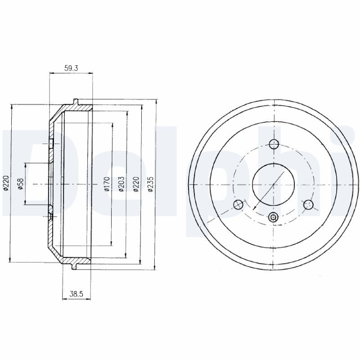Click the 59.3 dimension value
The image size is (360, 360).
click(71, 68)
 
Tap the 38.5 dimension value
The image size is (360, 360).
click(76, 294)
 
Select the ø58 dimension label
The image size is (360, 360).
click(21, 184)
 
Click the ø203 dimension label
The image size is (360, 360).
click(121, 184)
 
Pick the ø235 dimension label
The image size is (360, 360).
click(150, 184)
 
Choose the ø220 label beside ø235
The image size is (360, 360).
click(136, 184)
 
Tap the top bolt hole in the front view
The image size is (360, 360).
click(274, 144)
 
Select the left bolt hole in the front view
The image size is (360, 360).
click(238, 205)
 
